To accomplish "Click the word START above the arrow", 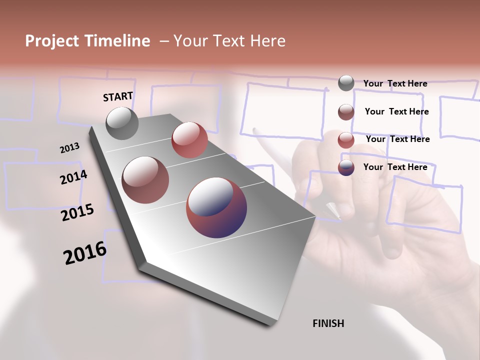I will coord(118,96).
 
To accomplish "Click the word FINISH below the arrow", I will coord(328,323).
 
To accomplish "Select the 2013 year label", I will coord(69,148).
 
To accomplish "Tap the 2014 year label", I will coord(73,177).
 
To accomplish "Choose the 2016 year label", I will coord(85,253).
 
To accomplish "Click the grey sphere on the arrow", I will coord(122,123).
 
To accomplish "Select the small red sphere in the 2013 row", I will coord(189,140).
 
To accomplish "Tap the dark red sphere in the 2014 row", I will coord(145,179).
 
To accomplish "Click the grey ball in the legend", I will coord(346,83).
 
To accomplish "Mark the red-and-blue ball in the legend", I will coord(346,167).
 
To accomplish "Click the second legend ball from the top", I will coord(346,112).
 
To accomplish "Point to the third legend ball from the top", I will coord(346,140).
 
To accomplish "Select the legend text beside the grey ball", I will coord(395,83).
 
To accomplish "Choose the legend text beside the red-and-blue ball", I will coord(395,167).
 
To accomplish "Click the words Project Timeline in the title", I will coord(87,41).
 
